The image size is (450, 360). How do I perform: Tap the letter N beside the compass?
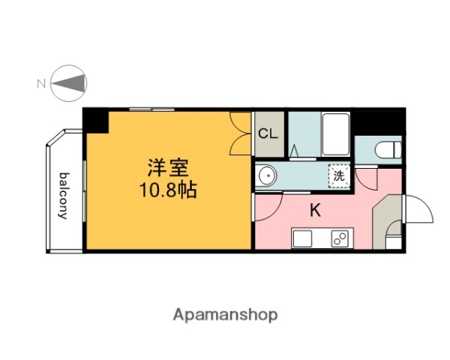click(41, 83)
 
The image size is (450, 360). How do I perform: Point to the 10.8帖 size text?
click(166, 190)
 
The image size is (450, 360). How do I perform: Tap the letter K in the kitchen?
click(316, 211)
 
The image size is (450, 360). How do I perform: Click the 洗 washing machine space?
click(339, 177)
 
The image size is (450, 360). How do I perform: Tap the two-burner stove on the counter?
click(340, 240)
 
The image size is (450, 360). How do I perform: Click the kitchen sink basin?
click(304, 241)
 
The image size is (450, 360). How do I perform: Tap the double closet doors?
click(241, 133)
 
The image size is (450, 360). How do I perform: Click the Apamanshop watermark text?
click(226, 314)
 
